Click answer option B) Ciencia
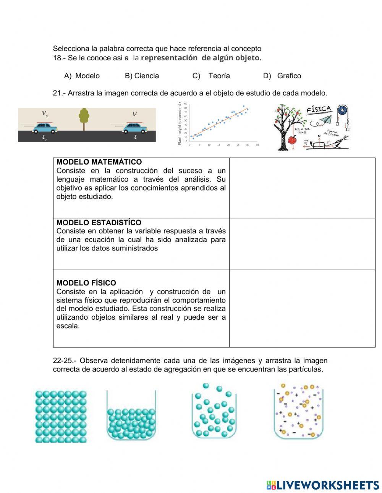[142, 76]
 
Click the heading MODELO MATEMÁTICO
[99, 162]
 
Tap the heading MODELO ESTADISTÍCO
[99, 222]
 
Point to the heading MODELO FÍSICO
[86, 283]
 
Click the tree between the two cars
[84, 118]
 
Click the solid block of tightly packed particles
[61, 416]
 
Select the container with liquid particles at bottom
[131, 420]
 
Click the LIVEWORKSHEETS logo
[323, 485]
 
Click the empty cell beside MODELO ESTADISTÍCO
[302, 244]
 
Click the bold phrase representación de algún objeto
[201, 58]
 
